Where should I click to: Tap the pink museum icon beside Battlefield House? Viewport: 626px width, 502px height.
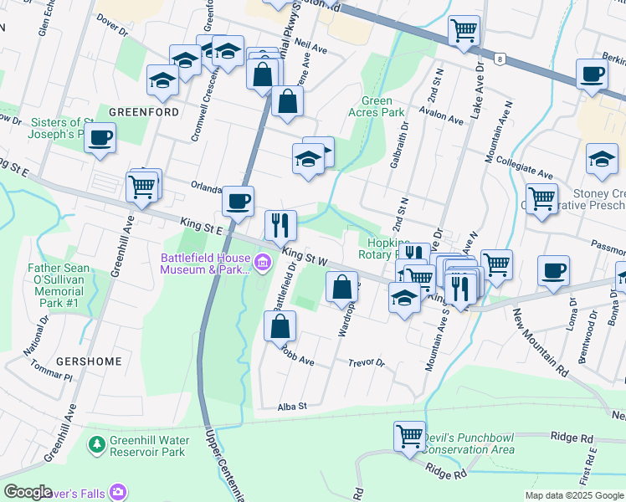pyautogui.click(x=264, y=264)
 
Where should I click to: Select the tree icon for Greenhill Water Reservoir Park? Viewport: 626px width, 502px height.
pyautogui.click(x=98, y=441)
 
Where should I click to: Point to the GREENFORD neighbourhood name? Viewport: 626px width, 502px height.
pyautogui.click(x=144, y=111)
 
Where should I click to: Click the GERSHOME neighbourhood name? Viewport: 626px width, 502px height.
pyautogui.click(x=89, y=361)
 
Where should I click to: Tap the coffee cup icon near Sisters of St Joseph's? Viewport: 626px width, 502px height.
pyautogui.click(x=100, y=137)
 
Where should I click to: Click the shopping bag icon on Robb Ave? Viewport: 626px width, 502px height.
pyautogui.click(x=280, y=325)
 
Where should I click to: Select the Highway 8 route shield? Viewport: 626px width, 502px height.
pyautogui.click(x=500, y=59)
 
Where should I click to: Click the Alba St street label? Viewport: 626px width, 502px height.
pyautogui.click(x=293, y=406)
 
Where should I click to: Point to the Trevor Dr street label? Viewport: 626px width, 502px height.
pyautogui.click(x=367, y=363)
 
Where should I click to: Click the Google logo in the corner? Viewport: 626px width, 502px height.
pyautogui.click(x=28, y=492)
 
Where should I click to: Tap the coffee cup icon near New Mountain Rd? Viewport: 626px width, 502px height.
pyautogui.click(x=553, y=270)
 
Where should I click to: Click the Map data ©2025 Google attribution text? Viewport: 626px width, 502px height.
pyautogui.click(x=573, y=495)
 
